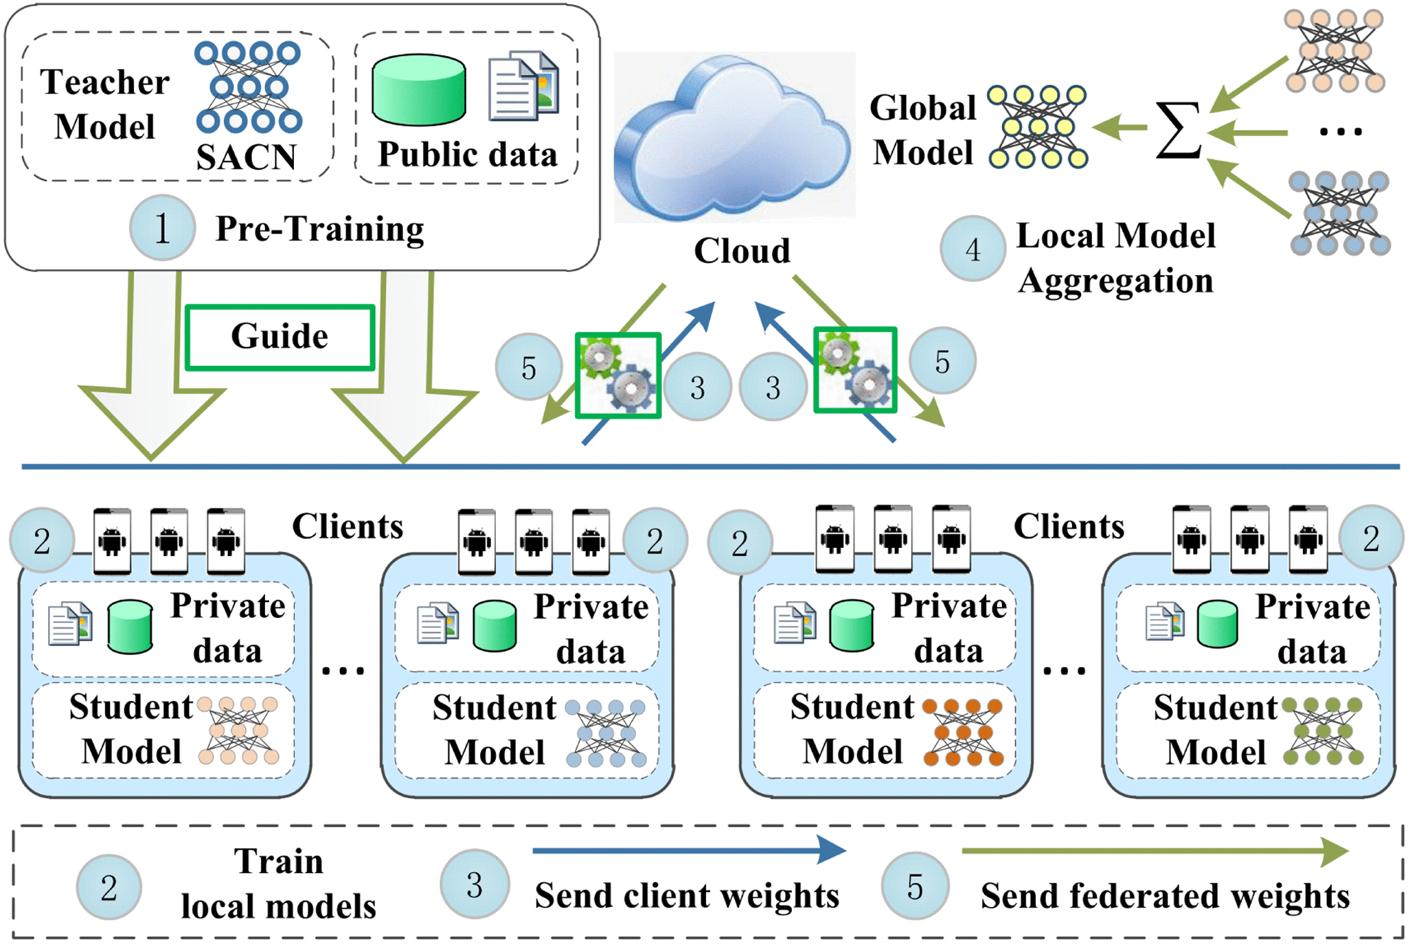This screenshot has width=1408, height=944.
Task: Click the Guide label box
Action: click(x=280, y=337)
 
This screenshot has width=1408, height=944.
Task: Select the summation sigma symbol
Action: click(x=1178, y=129)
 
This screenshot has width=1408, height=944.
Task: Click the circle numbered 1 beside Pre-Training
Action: click(x=162, y=228)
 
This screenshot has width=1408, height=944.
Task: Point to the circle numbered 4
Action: click(x=973, y=249)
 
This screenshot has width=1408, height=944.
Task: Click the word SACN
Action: click(x=246, y=157)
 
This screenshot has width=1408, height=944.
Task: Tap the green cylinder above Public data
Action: click(x=419, y=90)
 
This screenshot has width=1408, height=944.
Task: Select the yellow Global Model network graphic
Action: click(x=1038, y=127)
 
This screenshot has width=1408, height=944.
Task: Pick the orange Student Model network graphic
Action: click(x=963, y=733)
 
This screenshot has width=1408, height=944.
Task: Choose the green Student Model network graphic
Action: click(x=1323, y=732)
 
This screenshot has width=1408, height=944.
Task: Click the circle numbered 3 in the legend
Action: click(x=475, y=886)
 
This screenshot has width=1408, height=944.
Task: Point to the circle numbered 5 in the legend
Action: click(x=915, y=886)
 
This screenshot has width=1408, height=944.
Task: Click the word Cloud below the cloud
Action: click(x=742, y=251)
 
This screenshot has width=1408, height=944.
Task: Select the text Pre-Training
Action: click(x=319, y=229)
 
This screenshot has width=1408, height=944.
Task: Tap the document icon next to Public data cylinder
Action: click(x=523, y=87)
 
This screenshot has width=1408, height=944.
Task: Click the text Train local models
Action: click(x=278, y=884)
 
